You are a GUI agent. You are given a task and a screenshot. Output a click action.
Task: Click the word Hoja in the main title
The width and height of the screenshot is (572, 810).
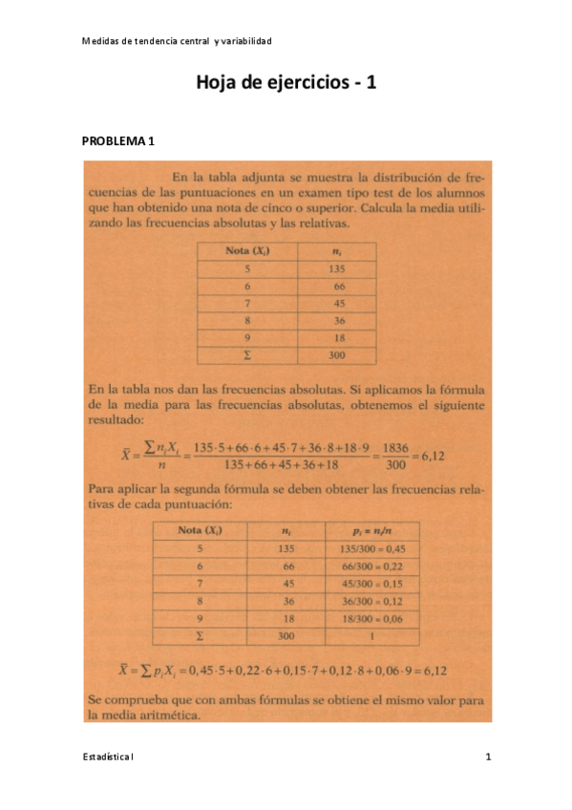pos(219,83)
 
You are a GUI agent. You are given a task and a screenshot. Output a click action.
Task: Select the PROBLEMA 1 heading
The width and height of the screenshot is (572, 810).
pos(117,141)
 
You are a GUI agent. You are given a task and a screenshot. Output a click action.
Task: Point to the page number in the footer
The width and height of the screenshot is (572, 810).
pos(488,757)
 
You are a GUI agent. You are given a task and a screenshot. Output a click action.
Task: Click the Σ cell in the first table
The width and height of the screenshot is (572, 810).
pos(246,355)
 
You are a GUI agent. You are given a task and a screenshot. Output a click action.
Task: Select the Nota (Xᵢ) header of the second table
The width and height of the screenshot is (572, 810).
pos(199,531)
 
